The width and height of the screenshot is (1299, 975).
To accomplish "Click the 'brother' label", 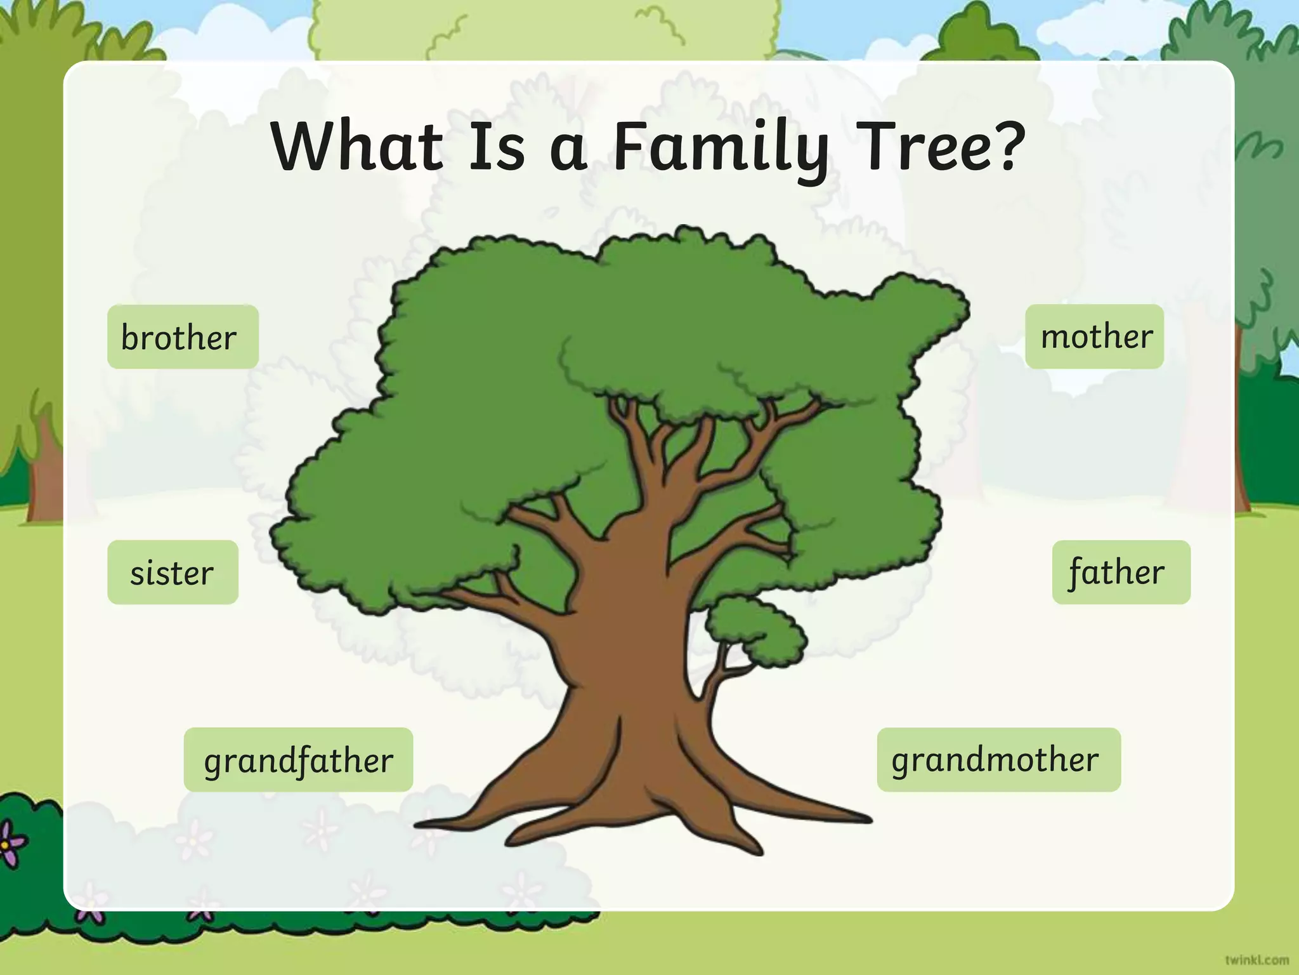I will (183, 337).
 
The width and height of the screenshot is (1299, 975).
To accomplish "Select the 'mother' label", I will (1095, 336).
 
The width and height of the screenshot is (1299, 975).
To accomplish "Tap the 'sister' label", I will (173, 573).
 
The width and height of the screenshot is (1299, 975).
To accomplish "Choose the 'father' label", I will (1121, 573).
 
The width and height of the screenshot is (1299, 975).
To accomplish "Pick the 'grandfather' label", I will (298, 760).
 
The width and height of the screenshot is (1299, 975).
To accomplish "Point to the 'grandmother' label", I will (998, 760).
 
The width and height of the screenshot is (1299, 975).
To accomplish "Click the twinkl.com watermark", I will (1257, 959).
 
